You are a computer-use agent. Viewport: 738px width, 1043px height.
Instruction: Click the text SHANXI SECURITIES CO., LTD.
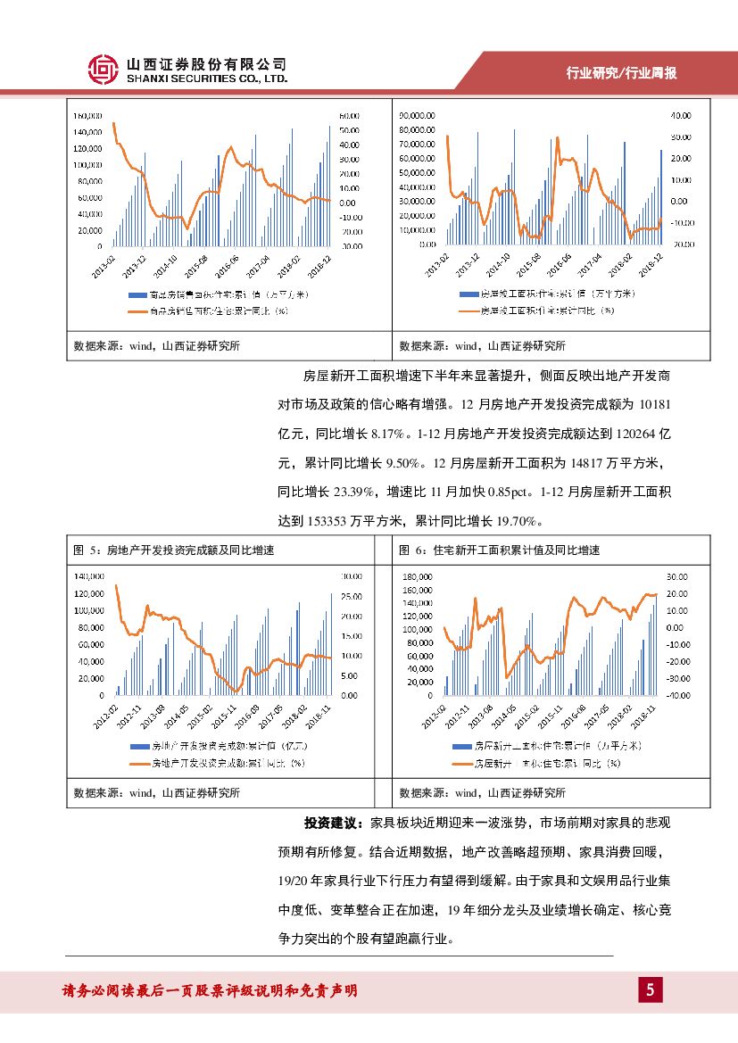point(207,79)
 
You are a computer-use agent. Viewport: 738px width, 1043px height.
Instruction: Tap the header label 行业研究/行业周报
point(622,73)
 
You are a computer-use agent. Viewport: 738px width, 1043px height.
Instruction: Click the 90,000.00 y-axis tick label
point(417,115)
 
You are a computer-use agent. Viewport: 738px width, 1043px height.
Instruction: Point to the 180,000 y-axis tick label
point(419,576)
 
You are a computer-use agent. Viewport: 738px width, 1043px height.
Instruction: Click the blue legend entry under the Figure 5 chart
point(219,745)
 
